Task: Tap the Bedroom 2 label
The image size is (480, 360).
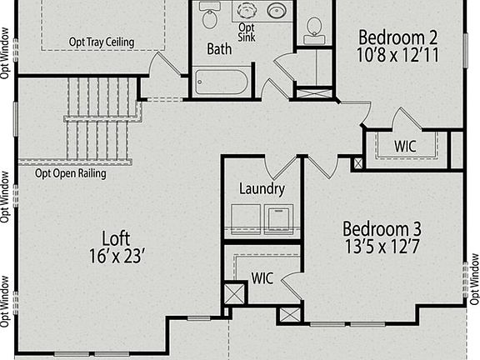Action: click(397, 37)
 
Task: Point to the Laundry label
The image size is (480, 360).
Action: click(262, 189)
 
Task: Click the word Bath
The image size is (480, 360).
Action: click(219, 49)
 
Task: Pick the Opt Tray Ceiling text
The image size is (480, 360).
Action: click(101, 42)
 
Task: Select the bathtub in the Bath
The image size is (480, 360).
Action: click(221, 82)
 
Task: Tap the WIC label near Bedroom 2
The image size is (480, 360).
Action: click(405, 146)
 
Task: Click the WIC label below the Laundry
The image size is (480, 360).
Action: click(262, 276)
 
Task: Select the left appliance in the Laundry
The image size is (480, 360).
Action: click(243, 219)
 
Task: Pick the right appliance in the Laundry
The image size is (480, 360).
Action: click(278, 219)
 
